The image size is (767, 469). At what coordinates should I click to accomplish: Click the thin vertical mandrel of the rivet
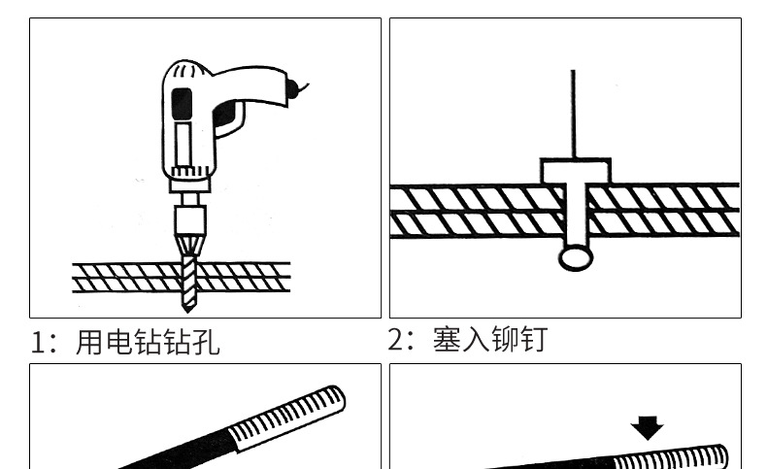pyautogui.click(x=573, y=112)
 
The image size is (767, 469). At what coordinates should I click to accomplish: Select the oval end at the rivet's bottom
pyautogui.click(x=574, y=256)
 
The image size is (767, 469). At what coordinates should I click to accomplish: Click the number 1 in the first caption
pyautogui.click(x=40, y=343)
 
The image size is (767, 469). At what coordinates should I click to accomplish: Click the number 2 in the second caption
pyautogui.click(x=396, y=340)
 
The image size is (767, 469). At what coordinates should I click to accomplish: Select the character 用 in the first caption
pyautogui.click(x=89, y=343)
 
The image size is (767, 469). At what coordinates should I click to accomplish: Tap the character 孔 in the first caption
pyautogui.click(x=206, y=343)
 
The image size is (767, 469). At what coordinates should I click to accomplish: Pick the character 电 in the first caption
pyautogui.click(x=118, y=343)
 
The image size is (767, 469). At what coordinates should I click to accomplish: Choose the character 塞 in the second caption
pyautogui.click(x=447, y=340)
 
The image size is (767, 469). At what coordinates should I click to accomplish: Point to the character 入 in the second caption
pyautogui.click(x=476, y=340)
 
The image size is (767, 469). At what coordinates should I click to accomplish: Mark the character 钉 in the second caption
pyautogui.click(x=533, y=340)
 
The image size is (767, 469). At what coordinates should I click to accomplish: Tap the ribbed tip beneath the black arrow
pyautogui.click(x=670, y=457)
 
